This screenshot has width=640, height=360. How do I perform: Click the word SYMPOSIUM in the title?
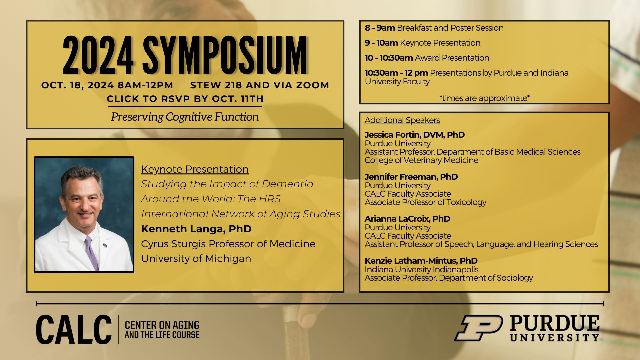225,55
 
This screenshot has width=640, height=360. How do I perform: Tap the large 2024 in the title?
98,55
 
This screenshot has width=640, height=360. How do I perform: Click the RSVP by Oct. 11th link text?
185,99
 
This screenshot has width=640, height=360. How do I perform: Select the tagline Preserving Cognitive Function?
185,117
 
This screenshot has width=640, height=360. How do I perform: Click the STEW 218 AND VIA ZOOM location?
260,85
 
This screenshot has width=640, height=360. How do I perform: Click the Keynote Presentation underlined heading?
195,169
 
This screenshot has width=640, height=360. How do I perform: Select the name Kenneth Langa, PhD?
196,229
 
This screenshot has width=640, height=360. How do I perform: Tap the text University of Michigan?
196,259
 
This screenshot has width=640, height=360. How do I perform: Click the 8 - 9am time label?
380,28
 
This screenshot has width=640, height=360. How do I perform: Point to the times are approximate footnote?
485,98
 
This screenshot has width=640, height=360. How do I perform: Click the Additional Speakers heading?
402,120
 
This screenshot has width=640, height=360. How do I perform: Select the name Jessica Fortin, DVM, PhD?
415,135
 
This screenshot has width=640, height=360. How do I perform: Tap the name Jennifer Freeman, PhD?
411,177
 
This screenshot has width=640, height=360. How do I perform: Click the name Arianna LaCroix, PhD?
407,219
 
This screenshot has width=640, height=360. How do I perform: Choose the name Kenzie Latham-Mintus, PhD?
421,261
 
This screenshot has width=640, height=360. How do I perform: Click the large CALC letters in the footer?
74,330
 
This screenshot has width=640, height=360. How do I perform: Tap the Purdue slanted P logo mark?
479,328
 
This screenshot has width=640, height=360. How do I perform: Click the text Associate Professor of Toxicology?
425,202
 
